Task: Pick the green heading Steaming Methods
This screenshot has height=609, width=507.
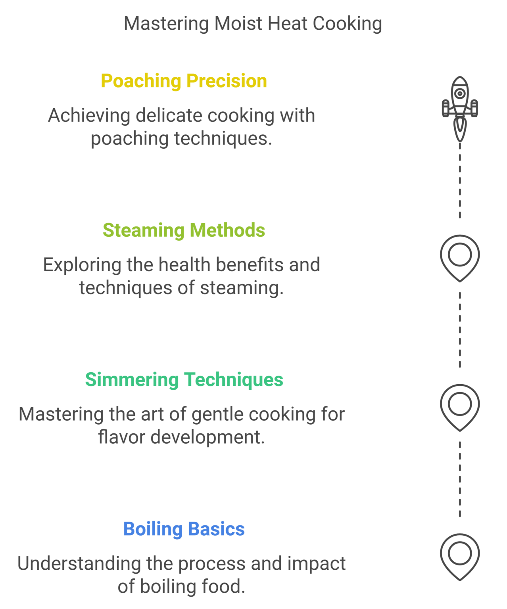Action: (184, 230)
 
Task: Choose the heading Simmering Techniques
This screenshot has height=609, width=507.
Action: (184, 380)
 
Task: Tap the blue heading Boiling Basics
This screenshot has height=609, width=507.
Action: (184, 529)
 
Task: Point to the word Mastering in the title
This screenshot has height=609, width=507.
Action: (166, 24)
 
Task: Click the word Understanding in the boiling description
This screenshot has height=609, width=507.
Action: (79, 564)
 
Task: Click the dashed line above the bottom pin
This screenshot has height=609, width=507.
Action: (460, 480)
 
